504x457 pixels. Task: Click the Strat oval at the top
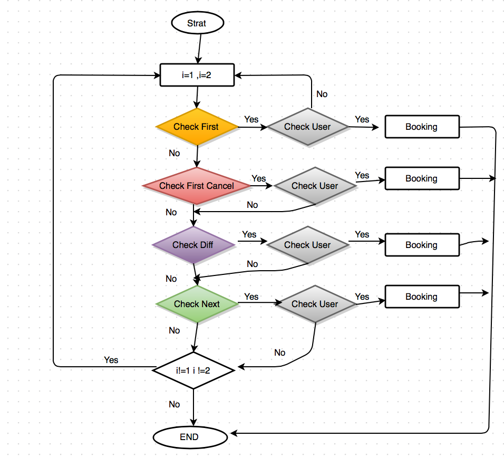(197, 23)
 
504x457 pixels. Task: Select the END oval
(190, 437)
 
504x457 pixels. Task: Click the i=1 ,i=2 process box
(197, 75)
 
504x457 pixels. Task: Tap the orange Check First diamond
(196, 127)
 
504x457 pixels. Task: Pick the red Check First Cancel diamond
(197, 186)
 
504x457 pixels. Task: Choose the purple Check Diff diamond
(193, 245)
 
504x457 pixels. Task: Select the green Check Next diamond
(197, 304)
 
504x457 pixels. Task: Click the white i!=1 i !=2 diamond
(193, 370)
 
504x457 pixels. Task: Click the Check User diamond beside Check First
(307, 127)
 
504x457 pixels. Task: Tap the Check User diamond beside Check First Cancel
(315, 186)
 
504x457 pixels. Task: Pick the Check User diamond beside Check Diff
(307, 245)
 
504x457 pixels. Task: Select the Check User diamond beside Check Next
(315, 304)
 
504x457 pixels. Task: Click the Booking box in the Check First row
(422, 127)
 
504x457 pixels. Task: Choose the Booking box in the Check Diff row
(422, 245)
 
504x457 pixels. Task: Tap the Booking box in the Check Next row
(422, 297)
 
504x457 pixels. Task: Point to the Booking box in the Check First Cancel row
(422, 178)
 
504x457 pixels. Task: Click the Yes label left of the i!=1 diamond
(111, 360)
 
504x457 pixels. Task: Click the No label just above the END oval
(175, 404)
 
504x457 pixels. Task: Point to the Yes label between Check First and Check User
(251, 119)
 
